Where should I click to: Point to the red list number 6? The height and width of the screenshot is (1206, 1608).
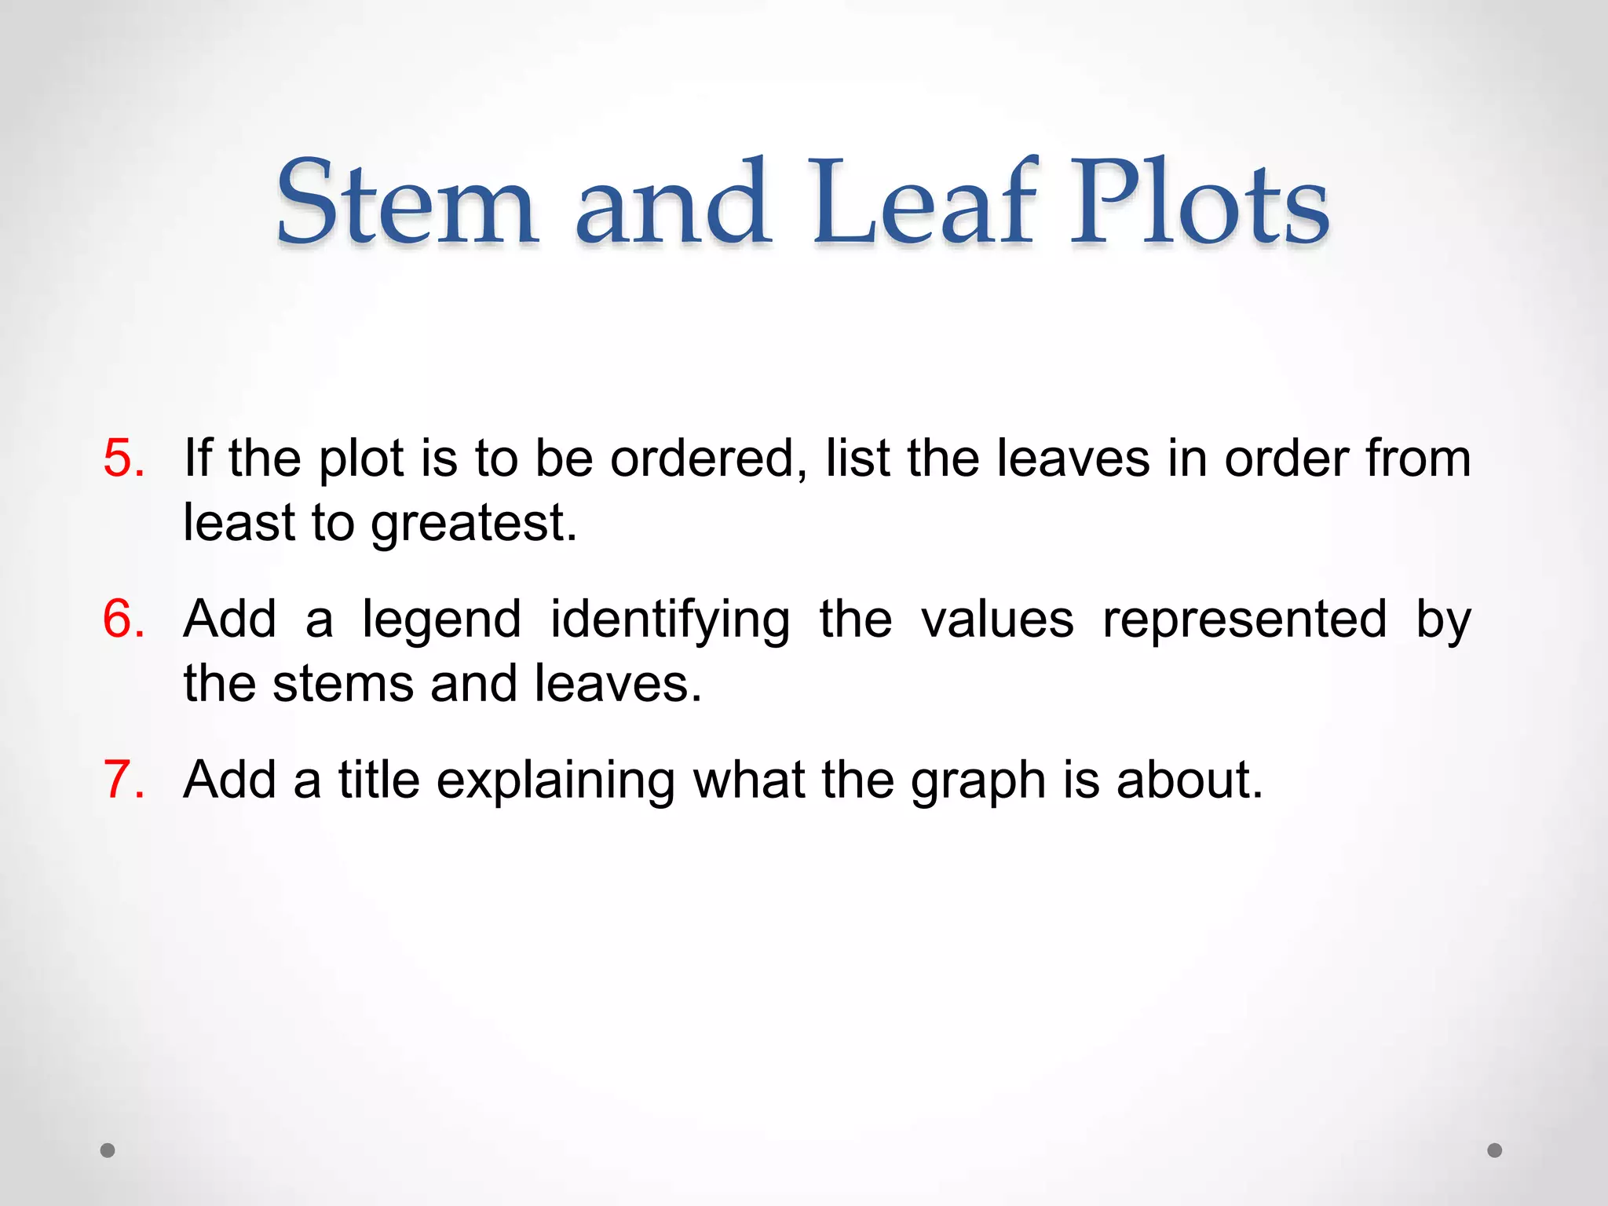point(124,619)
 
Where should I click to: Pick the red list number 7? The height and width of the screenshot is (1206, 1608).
point(124,780)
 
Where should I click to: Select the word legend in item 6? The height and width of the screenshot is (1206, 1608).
point(441,619)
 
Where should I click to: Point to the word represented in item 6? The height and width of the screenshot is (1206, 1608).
point(1244,619)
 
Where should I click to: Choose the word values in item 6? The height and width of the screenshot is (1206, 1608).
point(997,619)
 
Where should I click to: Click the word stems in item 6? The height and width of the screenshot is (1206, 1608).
point(342,684)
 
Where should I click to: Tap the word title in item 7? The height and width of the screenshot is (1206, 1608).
point(378,780)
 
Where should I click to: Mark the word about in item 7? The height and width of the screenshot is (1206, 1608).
point(1189,780)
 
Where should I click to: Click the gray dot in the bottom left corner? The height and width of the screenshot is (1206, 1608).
point(108,1150)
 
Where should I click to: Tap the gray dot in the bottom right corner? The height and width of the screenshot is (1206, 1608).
point(1495,1150)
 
